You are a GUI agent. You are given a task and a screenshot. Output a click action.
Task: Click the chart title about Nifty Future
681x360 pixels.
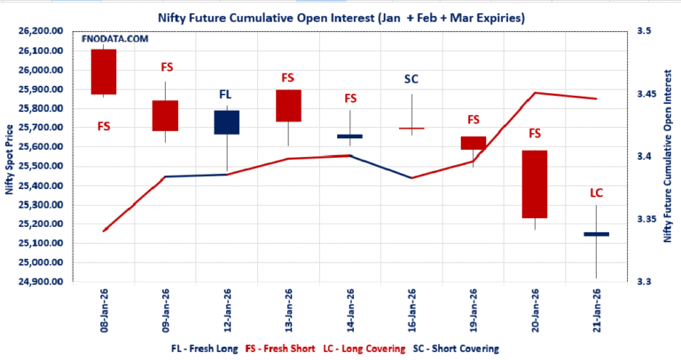[x=340, y=16]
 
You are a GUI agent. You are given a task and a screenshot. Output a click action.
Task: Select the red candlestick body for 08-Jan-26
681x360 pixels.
[x=104, y=71]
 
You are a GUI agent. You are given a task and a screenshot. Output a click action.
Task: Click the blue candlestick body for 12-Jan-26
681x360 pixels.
[x=226, y=122]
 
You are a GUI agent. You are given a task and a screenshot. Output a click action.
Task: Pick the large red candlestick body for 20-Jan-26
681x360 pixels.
[x=534, y=184]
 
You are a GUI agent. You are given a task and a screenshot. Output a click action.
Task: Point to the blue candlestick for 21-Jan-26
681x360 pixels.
[x=596, y=234]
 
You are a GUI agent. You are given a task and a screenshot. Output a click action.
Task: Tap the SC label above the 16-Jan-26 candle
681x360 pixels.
[x=411, y=79]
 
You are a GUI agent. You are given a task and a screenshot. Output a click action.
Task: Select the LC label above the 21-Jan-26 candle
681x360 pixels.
[x=596, y=192]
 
